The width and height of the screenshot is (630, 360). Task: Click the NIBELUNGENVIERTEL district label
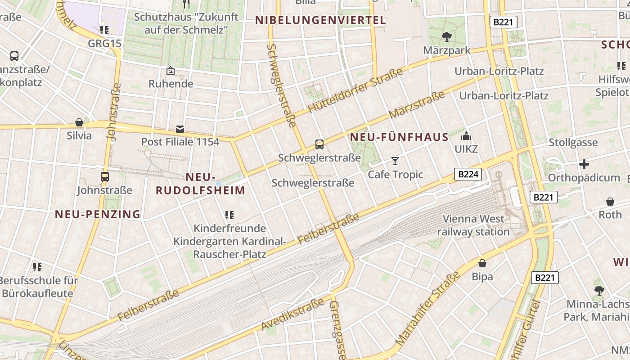pyautogui.click(x=320, y=20)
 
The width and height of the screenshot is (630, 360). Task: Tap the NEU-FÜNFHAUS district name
pyautogui.click(x=399, y=137)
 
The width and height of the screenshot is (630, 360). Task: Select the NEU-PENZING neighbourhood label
pyautogui.click(x=98, y=214)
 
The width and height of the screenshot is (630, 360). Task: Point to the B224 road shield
pyautogui.click(x=468, y=174)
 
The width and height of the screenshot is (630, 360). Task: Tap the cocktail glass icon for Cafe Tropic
pyautogui.click(x=395, y=161)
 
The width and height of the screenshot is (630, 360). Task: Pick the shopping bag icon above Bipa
pyautogui.click(x=482, y=263)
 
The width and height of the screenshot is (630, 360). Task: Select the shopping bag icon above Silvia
pyautogui.click(x=79, y=122)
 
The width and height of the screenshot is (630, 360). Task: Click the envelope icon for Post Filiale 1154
pyautogui.click(x=180, y=129)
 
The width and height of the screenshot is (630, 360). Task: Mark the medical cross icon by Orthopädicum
pyautogui.click(x=584, y=164)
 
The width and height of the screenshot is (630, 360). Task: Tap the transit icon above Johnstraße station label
pyautogui.click(x=105, y=177)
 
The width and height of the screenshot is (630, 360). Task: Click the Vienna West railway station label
pyautogui.click(x=473, y=225)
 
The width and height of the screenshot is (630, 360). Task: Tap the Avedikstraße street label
pyautogui.click(x=293, y=314)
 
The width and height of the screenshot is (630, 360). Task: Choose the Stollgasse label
pyautogui.click(x=573, y=143)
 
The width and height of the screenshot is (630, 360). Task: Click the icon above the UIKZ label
pyautogui.click(x=466, y=136)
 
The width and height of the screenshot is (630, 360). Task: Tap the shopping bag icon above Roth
pyautogui.click(x=610, y=201)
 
